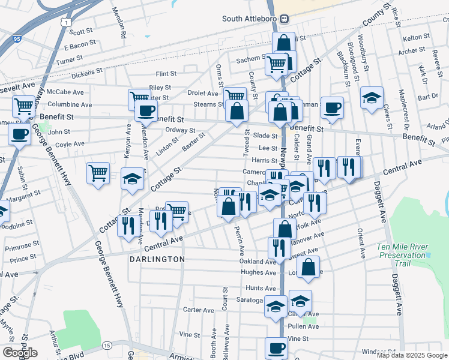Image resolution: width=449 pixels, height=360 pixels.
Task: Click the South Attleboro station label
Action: point(250,19)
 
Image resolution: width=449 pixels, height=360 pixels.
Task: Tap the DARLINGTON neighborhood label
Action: point(157,259)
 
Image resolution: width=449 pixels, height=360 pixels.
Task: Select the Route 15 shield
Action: point(106,346)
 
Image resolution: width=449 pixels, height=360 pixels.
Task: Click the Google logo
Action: point(20,353)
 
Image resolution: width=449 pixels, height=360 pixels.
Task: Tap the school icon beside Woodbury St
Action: point(372,98)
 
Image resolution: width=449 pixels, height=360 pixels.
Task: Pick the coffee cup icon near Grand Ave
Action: point(332,109)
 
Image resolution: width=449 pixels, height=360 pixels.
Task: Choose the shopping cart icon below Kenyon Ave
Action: point(98,173)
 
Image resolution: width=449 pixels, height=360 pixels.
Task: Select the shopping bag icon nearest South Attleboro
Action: point(283,43)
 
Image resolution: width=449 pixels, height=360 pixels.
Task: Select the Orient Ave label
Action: point(361,243)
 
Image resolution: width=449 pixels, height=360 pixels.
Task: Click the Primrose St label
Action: point(21,247)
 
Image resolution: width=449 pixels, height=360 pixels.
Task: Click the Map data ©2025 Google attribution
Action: point(411,355)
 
